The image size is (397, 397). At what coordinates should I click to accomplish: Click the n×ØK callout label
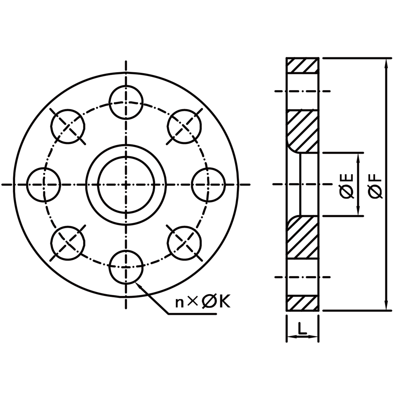(203, 302)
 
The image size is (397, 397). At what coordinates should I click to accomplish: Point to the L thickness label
(302, 329)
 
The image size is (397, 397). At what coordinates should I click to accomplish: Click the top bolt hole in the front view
(126, 102)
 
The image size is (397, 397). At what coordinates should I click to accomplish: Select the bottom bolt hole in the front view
(126, 267)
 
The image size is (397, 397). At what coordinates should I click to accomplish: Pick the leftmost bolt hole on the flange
(44, 185)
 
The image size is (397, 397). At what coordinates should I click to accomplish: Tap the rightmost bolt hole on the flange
(208, 185)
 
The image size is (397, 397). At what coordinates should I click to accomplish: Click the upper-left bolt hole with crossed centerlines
(68, 126)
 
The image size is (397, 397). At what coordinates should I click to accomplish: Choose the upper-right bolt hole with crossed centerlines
(185, 126)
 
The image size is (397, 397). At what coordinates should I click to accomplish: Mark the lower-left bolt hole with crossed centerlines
(68, 243)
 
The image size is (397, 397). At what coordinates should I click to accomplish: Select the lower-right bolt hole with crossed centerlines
(185, 243)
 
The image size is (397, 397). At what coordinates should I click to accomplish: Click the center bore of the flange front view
(126, 185)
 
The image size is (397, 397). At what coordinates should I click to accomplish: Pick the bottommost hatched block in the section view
(302, 304)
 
